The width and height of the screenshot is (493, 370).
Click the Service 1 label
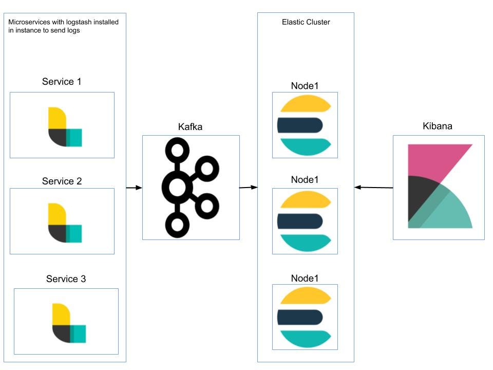click(62, 82)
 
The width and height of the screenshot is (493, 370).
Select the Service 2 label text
click(62, 181)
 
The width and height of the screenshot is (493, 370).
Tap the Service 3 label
click(66, 279)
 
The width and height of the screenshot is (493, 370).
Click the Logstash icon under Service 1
click(64, 127)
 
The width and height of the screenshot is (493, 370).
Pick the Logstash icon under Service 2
click(64, 223)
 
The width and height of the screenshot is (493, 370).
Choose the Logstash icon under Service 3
click(68, 323)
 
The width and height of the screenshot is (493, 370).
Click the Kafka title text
click(191, 127)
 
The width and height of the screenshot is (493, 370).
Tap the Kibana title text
click(438, 126)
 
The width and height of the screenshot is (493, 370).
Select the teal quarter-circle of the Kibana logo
click(452, 213)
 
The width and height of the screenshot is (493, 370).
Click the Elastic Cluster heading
click(306, 22)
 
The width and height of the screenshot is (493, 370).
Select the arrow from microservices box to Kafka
click(134, 188)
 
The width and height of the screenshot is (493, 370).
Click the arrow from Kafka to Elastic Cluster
click(249, 188)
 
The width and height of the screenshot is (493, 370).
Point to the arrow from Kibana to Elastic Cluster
click(374, 188)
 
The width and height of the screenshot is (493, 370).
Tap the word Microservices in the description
click(29, 22)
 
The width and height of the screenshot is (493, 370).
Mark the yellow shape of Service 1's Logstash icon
click(56, 118)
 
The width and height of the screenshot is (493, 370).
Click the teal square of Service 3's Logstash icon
click(78, 334)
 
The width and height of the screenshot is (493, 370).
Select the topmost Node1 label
click(305, 86)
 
